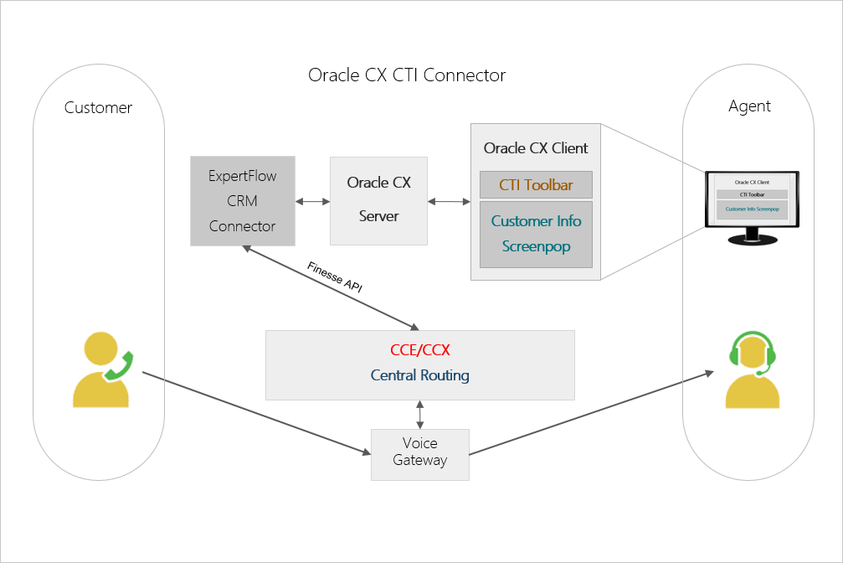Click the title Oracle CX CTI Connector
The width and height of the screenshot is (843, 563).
point(407,75)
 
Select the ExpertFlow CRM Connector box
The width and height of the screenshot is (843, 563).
point(242,201)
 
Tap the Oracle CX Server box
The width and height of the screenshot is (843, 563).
point(378,200)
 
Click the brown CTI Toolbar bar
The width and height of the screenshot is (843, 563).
point(536,185)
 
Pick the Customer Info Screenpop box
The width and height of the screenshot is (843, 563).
point(536,234)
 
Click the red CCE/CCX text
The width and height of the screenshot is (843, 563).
point(419,350)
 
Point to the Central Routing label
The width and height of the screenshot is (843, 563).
point(419,375)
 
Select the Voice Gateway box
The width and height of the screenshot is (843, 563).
point(419,453)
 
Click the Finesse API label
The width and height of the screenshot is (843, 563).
point(335,276)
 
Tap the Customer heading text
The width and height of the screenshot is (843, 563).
point(98,107)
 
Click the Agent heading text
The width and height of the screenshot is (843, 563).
point(749,106)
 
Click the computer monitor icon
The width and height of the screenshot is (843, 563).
point(751,206)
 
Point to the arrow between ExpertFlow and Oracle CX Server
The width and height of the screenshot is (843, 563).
point(312,201)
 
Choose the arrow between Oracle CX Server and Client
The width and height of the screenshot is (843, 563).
point(449,201)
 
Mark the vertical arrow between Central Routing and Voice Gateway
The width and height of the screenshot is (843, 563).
point(419,414)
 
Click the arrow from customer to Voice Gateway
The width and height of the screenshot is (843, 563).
point(251,411)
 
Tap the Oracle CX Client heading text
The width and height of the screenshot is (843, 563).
point(536,148)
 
